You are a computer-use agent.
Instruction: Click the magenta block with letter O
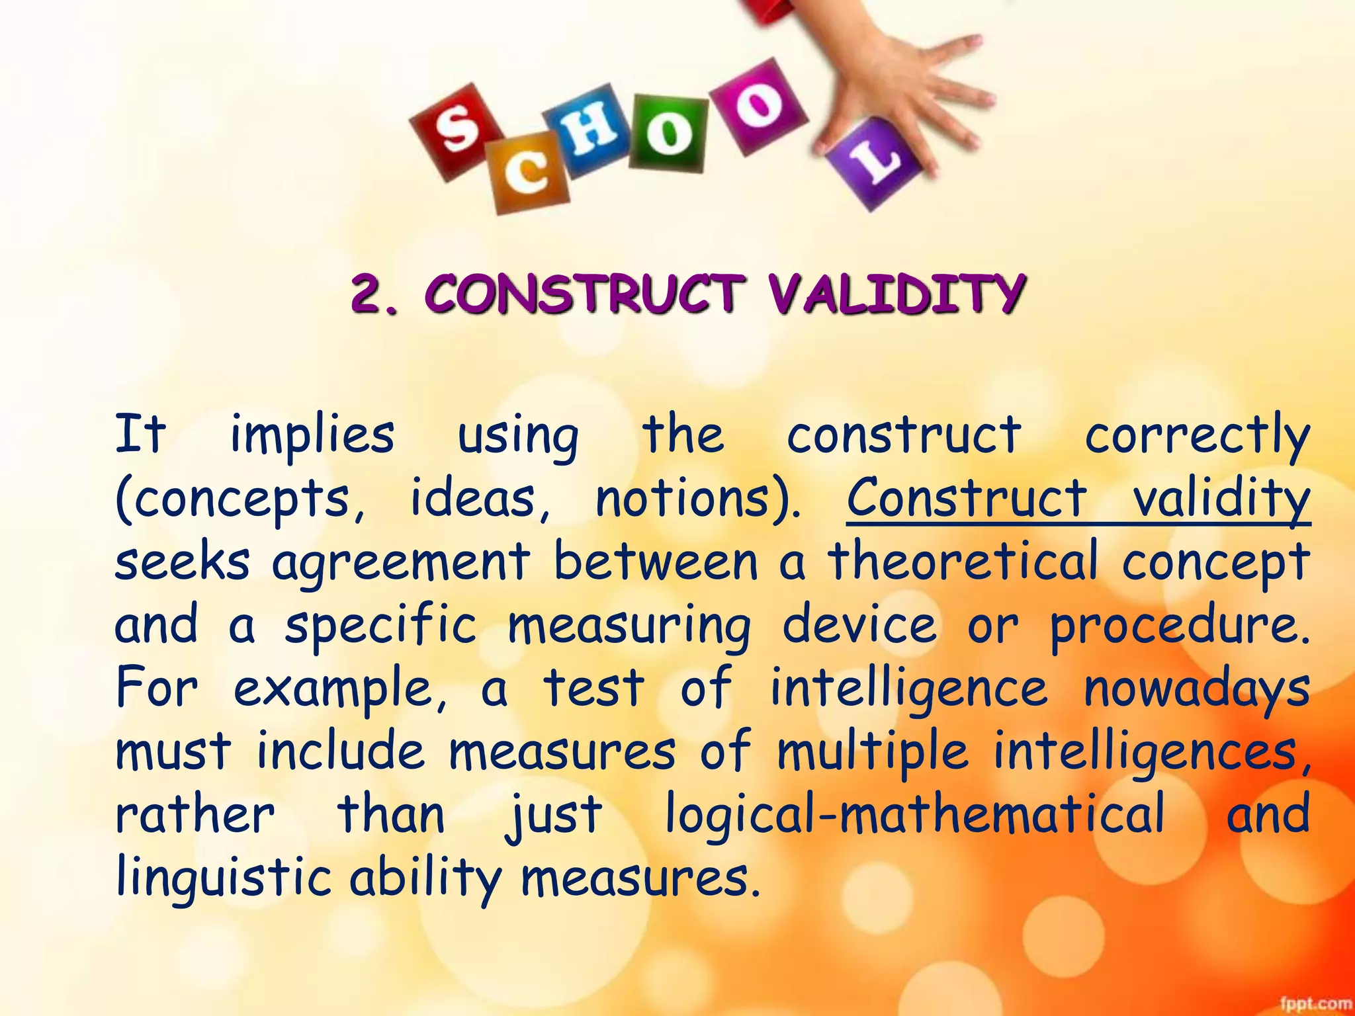[x=760, y=106]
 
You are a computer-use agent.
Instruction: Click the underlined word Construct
[x=966, y=497]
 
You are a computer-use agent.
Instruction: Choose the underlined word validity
[x=1221, y=497]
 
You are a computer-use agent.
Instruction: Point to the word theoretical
[x=963, y=561]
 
